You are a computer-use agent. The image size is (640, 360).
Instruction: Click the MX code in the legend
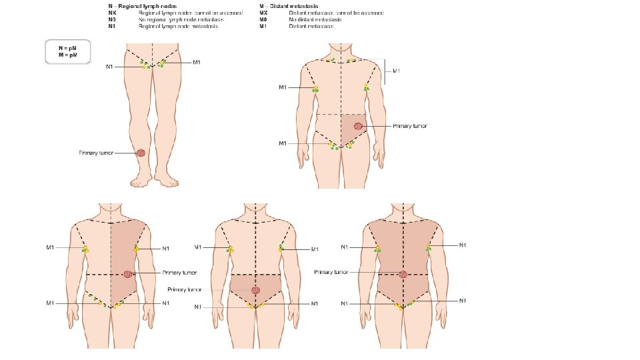(264, 13)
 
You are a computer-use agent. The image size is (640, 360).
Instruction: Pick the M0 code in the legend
(264, 20)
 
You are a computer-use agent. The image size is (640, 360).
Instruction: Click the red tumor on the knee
(141, 153)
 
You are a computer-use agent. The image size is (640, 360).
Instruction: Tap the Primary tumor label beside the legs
(97, 153)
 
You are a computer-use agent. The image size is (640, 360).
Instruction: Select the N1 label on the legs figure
(110, 67)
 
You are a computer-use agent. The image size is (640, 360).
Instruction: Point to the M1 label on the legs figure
(197, 63)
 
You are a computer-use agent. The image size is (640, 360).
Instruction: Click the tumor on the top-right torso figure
(358, 126)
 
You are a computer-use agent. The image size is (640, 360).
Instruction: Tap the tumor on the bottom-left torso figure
(127, 273)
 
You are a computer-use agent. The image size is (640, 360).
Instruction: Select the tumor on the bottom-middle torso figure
(255, 290)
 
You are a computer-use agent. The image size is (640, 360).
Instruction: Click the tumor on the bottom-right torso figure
(403, 273)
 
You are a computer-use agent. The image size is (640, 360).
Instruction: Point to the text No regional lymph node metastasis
(181, 20)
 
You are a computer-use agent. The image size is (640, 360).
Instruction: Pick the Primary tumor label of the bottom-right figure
(331, 272)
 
